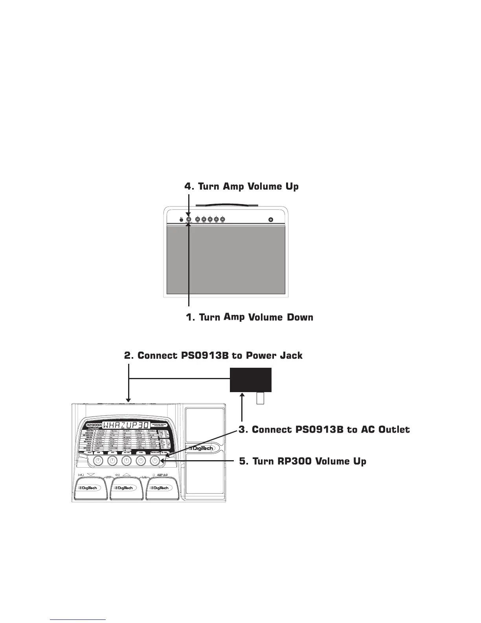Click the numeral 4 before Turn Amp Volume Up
coord(188,186)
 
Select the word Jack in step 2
coord(289,356)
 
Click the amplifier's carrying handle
coord(227,205)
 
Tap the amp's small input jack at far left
coord(181,219)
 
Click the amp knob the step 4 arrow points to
coord(189,219)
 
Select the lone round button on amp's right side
coord(270,219)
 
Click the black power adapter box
coord(250,380)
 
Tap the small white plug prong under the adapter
coord(260,398)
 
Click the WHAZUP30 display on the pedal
coord(126,425)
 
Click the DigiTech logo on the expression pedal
coord(200,448)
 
